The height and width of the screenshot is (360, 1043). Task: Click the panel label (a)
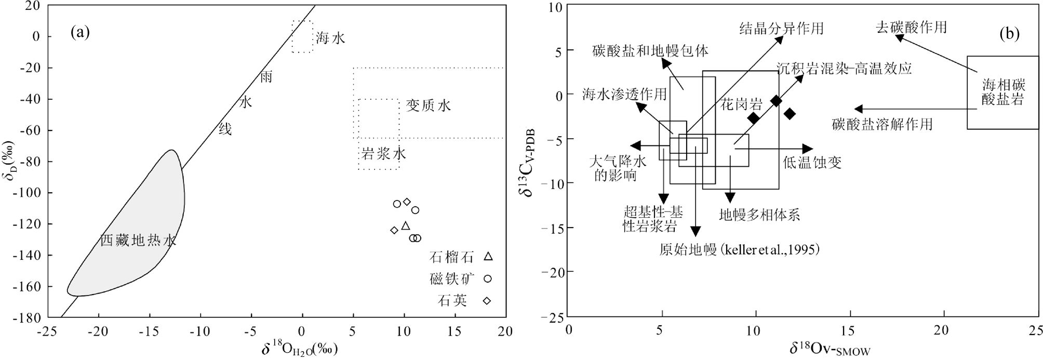click(81, 33)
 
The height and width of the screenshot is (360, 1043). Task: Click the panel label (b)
click(1009, 34)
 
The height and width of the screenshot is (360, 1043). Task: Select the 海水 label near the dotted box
click(330, 38)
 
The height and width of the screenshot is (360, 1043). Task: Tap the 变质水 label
click(428, 106)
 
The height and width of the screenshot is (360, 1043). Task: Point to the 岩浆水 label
click(383, 153)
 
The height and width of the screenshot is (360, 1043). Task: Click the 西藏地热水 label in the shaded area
click(138, 241)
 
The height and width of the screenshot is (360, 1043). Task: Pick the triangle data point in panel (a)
click(406, 225)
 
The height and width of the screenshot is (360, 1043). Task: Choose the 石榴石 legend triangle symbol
click(488, 256)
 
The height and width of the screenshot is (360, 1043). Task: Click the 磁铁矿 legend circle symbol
click(488, 278)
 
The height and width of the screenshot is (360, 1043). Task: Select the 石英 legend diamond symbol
click(488, 301)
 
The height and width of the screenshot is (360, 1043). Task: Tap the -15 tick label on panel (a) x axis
click(149, 332)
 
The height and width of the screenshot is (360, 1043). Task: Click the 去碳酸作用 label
click(911, 27)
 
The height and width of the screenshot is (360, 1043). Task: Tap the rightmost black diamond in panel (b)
click(790, 114)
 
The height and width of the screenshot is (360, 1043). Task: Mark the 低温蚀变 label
click(812, 163)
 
